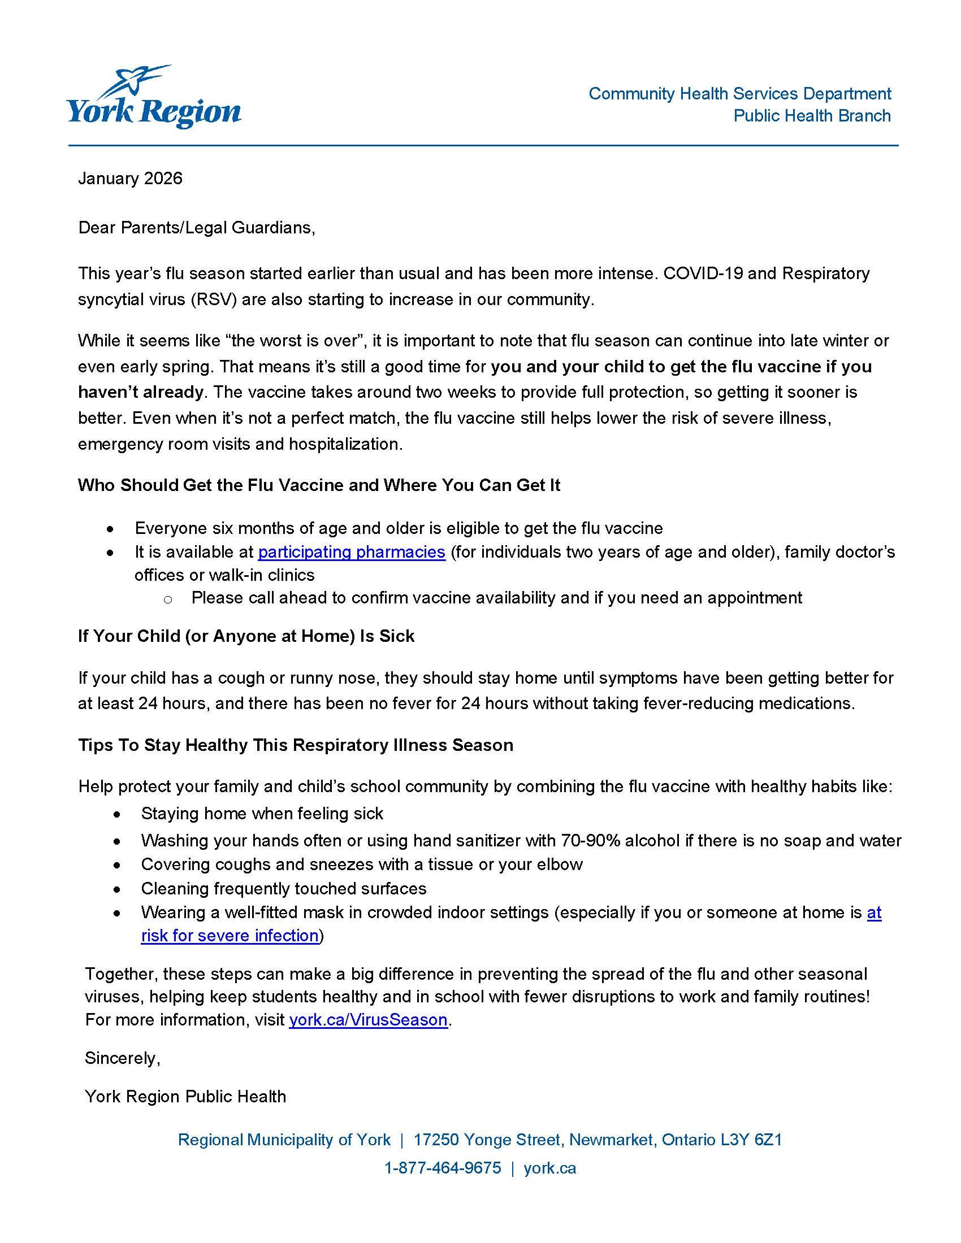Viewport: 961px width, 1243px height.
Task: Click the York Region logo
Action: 154,98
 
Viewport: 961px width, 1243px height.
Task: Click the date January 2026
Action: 130,179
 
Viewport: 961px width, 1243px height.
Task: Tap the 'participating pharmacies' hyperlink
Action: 351,552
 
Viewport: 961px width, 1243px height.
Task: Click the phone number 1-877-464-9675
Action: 443,1168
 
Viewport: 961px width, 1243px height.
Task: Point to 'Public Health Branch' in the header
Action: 812,116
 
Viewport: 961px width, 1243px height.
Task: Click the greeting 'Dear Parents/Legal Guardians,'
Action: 196,228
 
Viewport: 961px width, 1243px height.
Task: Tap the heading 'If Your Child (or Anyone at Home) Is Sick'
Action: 246,636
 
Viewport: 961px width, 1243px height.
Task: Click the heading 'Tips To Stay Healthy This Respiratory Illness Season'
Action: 296,745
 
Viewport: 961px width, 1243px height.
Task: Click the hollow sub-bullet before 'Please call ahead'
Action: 167,599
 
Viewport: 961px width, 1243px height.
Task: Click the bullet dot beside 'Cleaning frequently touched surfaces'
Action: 117,889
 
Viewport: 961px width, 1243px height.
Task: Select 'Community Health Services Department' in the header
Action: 739,94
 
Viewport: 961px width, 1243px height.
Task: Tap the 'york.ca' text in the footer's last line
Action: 549,1168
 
